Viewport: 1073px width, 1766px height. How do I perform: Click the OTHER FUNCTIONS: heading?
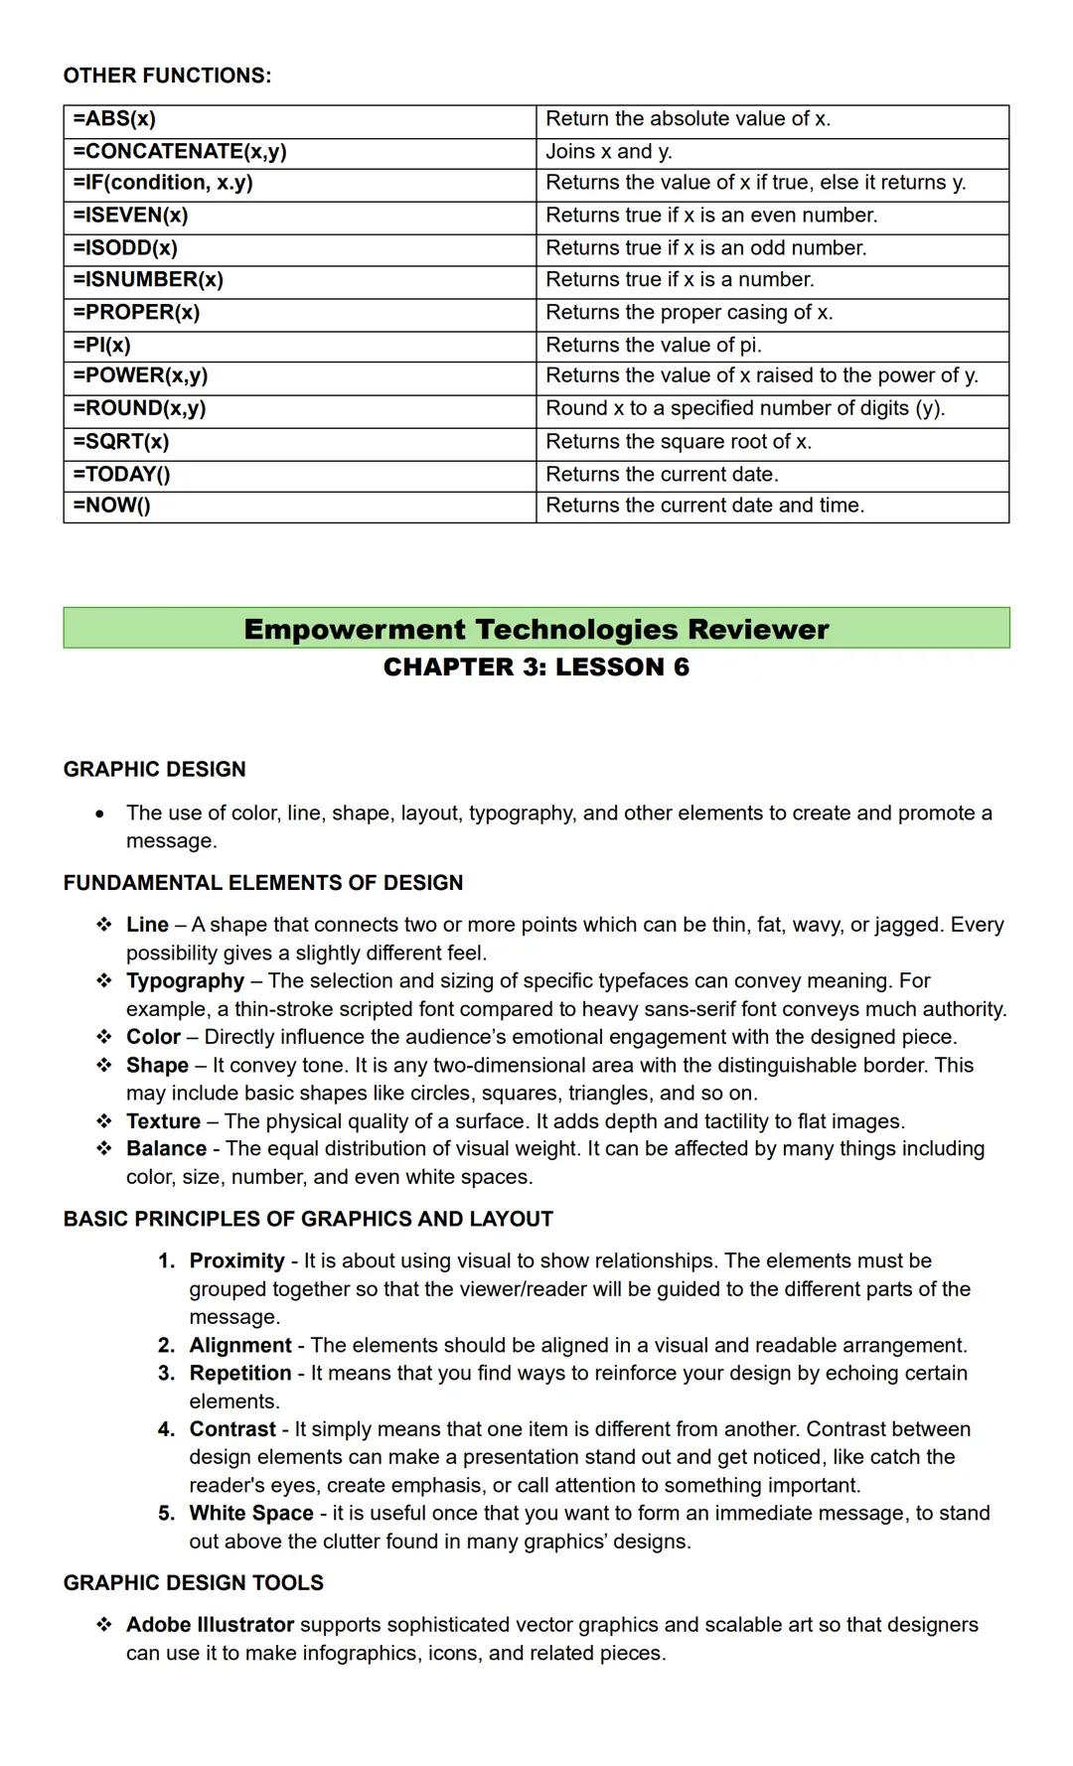[x=167, y=76]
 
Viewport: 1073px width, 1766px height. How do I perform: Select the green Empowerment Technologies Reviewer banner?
[x=536, y=629]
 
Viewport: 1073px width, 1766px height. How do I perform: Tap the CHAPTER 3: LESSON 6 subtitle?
[x=536, y=667]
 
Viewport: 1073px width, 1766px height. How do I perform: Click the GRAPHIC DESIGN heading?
[x=154, y=770]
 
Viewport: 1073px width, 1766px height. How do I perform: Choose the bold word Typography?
[x=185, y=981]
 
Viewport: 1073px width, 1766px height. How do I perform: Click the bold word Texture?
[x=163, y=1121]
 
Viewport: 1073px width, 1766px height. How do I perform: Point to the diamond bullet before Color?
[x=103, y=1037]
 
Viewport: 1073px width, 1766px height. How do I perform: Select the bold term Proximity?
[x=236, y=1261]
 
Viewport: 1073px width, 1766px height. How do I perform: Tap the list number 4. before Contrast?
[x=166, y=1429]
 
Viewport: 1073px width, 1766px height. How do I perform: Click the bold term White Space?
[x=251, y=1514]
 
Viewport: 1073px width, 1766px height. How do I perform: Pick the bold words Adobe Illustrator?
[x=210, y=1625]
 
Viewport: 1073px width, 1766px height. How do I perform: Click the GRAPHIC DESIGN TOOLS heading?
[x=193, y=1583]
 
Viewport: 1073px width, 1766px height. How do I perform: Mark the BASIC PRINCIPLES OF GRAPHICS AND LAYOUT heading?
[x=308, y=1220]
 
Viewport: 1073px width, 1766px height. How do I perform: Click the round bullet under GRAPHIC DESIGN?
[x=99, y=814]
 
